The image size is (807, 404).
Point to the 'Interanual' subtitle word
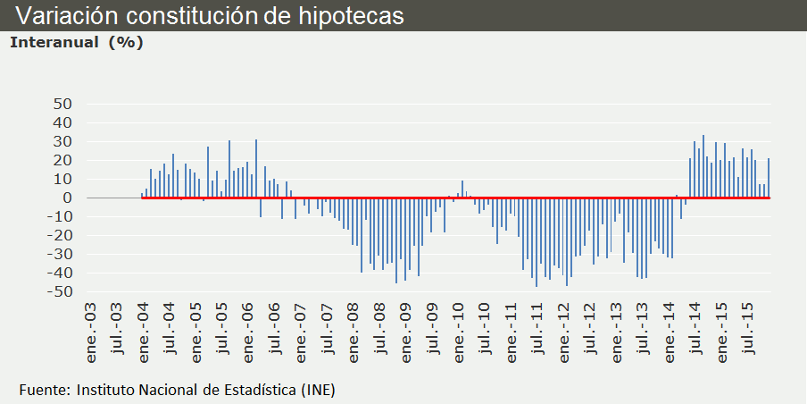54,42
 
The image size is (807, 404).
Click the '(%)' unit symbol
126,42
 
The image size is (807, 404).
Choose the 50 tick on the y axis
62,104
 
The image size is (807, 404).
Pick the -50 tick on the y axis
59,292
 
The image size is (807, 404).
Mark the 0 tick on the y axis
67,198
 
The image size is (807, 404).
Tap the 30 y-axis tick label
62,141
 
